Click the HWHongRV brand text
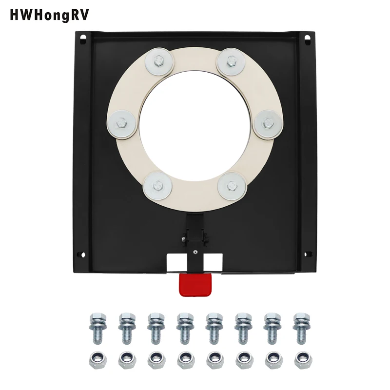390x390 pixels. pyautogui.click(x=49, y=15)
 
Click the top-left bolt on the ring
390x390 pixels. pyautogui.click(x=159, y=61)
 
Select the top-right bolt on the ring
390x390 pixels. pyautogui.click(x=231, y=61)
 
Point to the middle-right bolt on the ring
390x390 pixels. pyautogui.click(x=268, y=124)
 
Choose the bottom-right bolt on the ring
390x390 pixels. pyautogui.click(x=232, y=186)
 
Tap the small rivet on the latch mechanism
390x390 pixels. pyautogui.click(x=195, y=252)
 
